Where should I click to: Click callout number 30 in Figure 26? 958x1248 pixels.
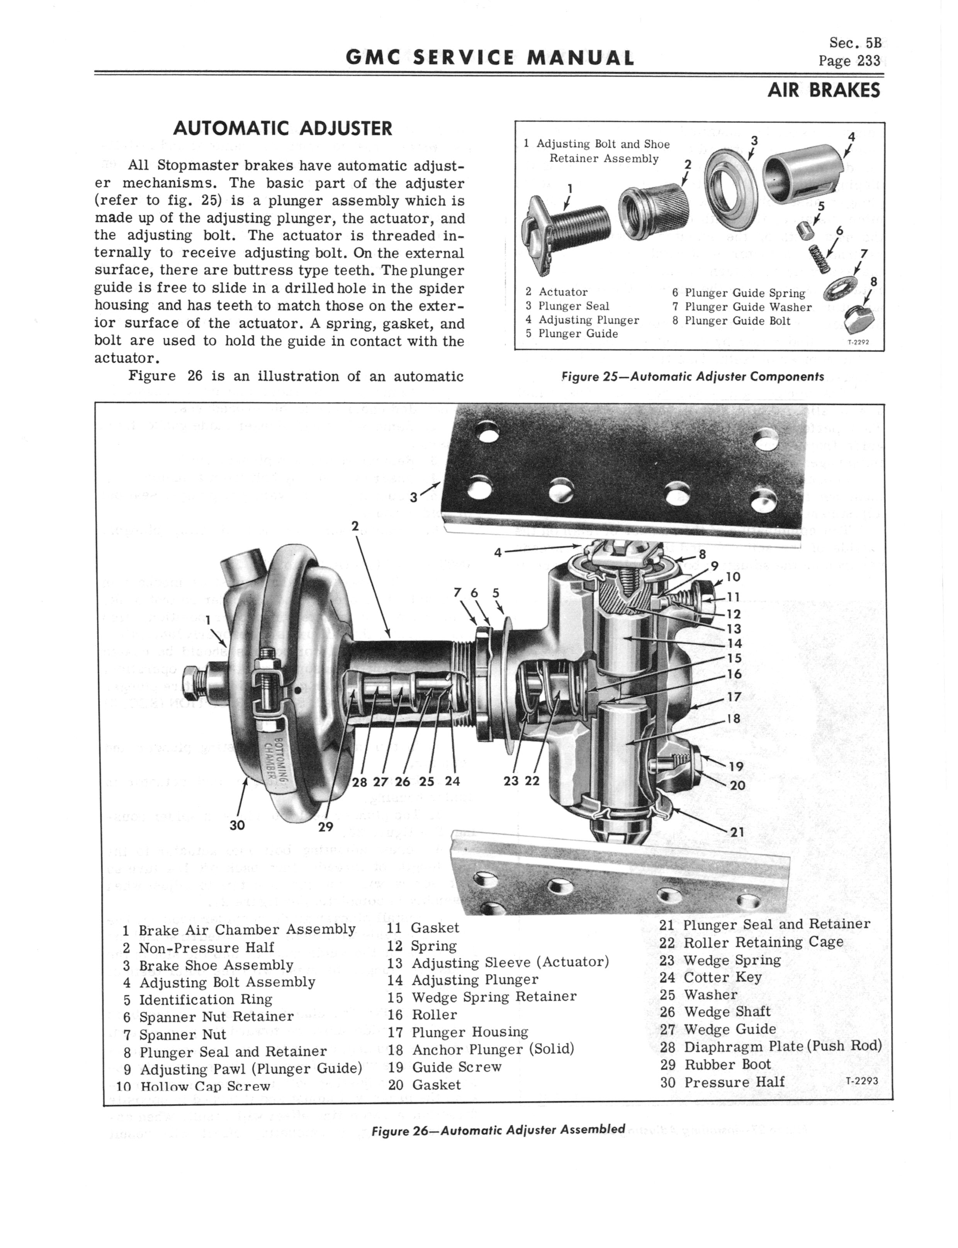[x=237, y=825]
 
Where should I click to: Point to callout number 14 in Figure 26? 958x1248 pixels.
[x=734, y=644]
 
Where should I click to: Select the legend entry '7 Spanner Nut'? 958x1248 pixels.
[x=175, y=1035]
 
